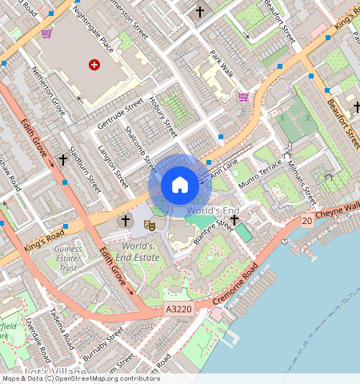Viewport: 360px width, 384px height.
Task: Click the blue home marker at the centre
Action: (180, 185)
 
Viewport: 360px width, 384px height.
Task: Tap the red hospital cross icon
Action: (95, 64)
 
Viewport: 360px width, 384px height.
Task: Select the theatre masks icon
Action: (148, 226)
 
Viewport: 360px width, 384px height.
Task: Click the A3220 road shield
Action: (178, 308)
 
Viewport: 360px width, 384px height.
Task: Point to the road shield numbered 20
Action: (306, 220)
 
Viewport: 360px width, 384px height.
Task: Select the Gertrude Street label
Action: (119, 114)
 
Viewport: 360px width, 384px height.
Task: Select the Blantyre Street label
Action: (213, 236)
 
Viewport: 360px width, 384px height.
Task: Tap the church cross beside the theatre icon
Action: (124, 220)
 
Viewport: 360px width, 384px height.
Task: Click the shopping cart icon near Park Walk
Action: (243, 97)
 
